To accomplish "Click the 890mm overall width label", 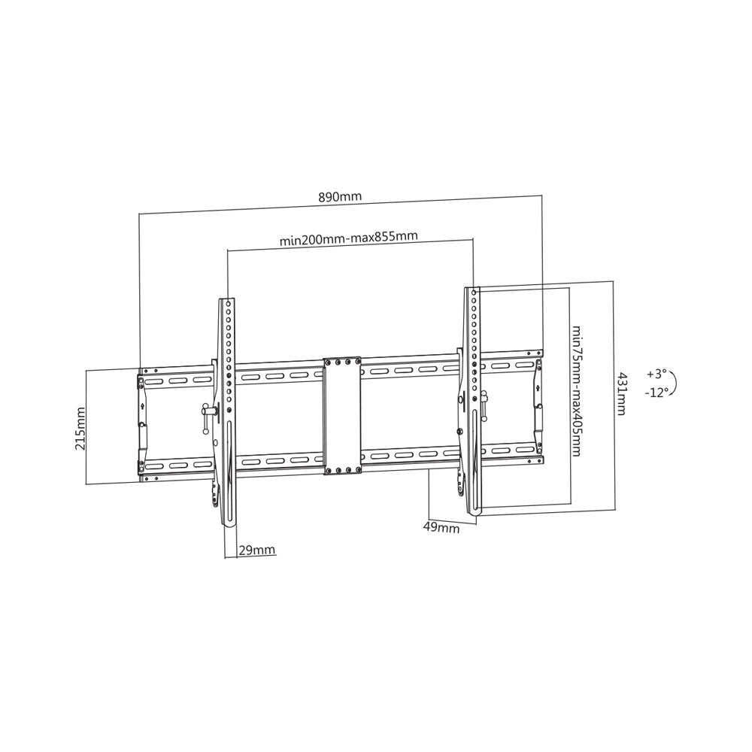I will coord(340,197).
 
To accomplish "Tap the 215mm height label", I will coord(80,427).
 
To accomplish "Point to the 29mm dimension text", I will coord(256,550).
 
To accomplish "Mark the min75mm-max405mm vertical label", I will coord(576,390).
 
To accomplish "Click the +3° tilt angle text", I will coord(656,373).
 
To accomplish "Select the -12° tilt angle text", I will coord(656,392).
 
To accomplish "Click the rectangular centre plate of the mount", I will coord(342,416).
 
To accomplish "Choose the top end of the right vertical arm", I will coord(472,290).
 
